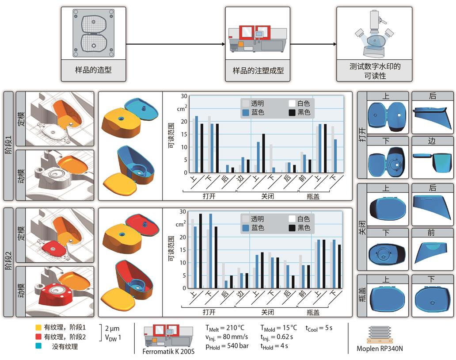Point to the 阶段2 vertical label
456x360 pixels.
point(9,262)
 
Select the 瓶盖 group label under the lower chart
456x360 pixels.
point(313,312)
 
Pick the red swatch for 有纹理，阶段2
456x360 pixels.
point(39,337)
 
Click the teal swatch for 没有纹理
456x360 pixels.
point(39,347)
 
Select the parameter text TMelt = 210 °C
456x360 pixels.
point(224,328)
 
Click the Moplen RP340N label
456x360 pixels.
point(380,348)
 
